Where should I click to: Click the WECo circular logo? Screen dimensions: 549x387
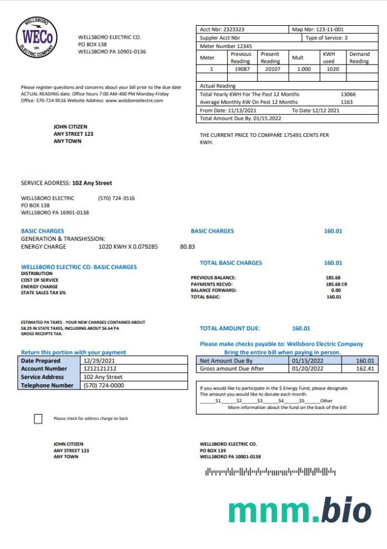click(x=37, y=37)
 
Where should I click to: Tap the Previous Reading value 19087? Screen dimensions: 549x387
click(x=241, y=70)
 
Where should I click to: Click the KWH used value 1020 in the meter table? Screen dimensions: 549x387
click(x=332, y=70)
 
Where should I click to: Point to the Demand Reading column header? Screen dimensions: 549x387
click(x=359, y=58)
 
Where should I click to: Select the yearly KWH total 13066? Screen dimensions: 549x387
click(x=348, y=95)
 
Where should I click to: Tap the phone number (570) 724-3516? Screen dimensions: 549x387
click(x=116, y=198)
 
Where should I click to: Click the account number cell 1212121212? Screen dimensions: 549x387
click(x=100, y=369)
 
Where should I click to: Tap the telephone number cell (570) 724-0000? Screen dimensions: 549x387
click(x=103, y=386)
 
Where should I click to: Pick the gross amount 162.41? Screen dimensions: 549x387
click(x=365, y=369)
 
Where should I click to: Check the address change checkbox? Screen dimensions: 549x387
click(x=38, y=419)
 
